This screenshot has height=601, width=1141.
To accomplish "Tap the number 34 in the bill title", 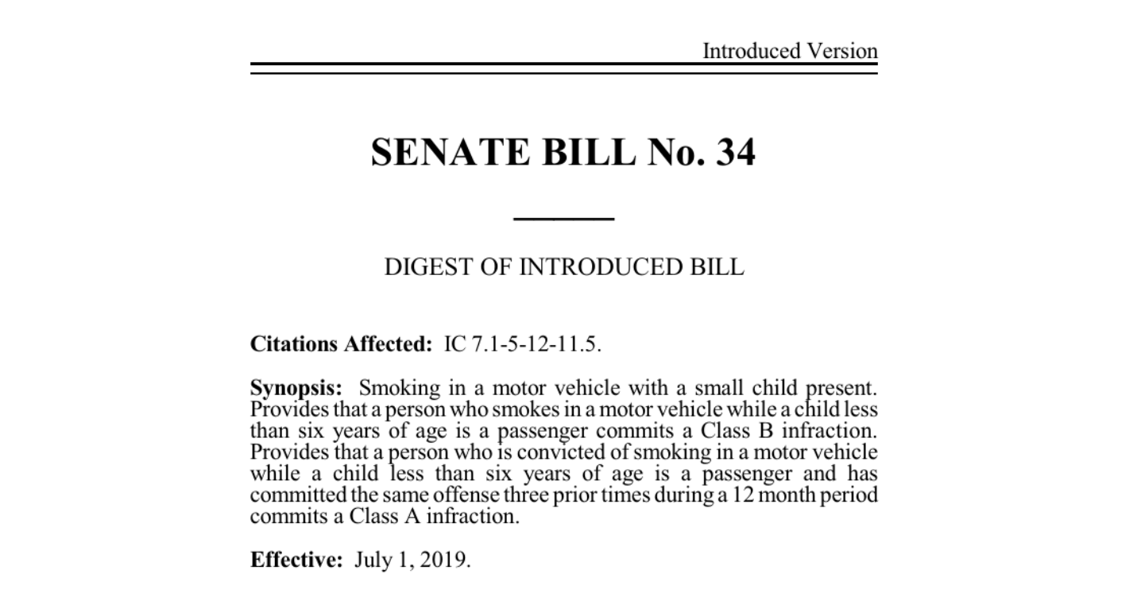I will [x=735, y=152].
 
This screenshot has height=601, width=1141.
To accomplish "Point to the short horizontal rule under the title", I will [x=564, y=218].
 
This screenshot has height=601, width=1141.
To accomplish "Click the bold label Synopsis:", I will [x=296, y=389].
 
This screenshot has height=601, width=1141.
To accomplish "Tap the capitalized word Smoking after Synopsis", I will [x=399, y=389].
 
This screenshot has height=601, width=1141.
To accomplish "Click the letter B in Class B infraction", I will [x=765, y=432].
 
